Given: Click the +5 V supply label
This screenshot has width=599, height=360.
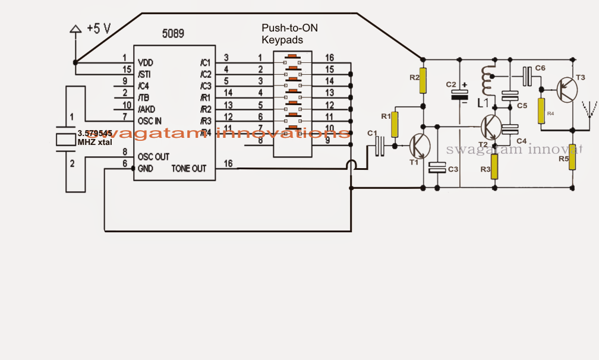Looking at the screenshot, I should click(x=99, y=28).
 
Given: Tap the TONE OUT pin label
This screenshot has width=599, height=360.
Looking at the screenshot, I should click(x=188, y=169).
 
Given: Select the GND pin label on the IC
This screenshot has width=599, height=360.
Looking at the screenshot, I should click(x=145, y=169).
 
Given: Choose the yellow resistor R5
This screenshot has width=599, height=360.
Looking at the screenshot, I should click(x=572, y=157).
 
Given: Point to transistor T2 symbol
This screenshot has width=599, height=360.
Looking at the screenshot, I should click(x=492, y=126).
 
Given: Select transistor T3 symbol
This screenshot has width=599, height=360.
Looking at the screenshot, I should click(x=568, y=90).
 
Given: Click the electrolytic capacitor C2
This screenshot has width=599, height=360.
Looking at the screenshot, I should click(x=460, y=94).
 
